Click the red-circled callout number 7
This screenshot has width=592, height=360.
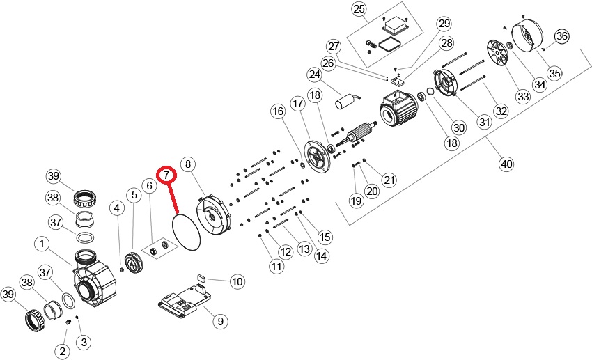(x=166, y=175)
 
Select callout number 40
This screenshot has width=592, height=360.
(x=506, y=164)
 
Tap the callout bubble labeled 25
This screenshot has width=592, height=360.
(x=359, y=9)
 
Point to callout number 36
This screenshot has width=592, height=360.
(x=562, y=36)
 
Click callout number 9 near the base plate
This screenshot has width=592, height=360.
(x=219, y=321)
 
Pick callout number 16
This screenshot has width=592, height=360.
(x=279, y=111)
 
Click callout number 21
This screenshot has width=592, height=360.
(x=389, y=180)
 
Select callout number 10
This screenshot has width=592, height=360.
(x=237, y=281)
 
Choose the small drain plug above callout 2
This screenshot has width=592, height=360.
(x=69, y=323)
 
